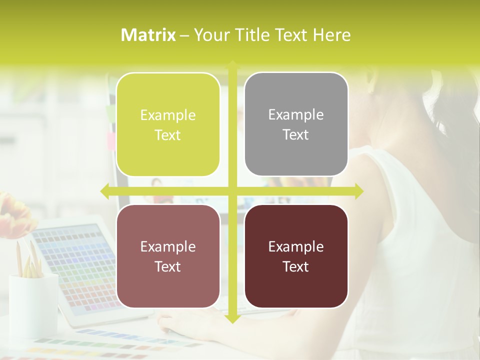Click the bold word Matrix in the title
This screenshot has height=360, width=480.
[x=148, y=35]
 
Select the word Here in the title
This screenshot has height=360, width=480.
[x=331, y=35]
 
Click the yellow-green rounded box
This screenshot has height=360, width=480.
[x=168, y=124]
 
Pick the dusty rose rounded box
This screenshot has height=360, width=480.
[x=168, y=256]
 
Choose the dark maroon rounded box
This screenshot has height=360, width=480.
[x=296, y=256]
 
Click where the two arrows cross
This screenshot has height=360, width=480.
[x=232, y=191]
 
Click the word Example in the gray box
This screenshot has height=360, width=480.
[x=296, y=114]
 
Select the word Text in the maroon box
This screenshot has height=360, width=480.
[x=296, y=266]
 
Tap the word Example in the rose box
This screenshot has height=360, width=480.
[x=168, y=246]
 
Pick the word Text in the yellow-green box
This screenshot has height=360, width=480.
[x=168, y=135]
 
